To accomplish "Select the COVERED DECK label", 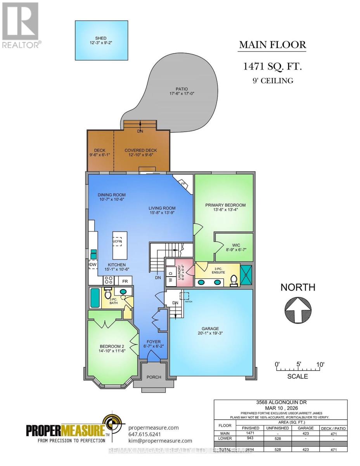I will click(x=140, y=150).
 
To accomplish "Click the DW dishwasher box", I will click(x=93, y=264).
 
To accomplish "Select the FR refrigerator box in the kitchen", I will click(x=125, y=281).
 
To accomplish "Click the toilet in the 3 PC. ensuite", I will click(x=234, y=280).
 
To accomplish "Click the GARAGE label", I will click(x=210, y=329).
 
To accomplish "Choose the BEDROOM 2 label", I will click(x=112, y=346).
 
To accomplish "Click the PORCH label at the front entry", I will click(x=154, y=377).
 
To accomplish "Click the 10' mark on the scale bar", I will click(x=320, y=364).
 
